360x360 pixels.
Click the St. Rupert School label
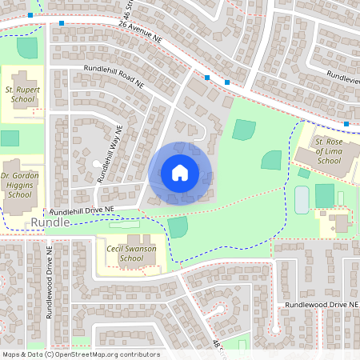click(x=22, y=98)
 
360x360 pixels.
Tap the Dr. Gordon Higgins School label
click(x=19, y=184)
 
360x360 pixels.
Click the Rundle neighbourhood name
click(x=50, y=222)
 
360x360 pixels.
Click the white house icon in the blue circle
click(x=180, y=173)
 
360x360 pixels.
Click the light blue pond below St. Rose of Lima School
click(x=302, y=200)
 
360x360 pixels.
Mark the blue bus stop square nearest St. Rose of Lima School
click(x=346, y=123)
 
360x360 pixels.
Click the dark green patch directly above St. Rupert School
click(x=27, y=46)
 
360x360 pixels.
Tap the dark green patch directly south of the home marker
click(x=178, y=227)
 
